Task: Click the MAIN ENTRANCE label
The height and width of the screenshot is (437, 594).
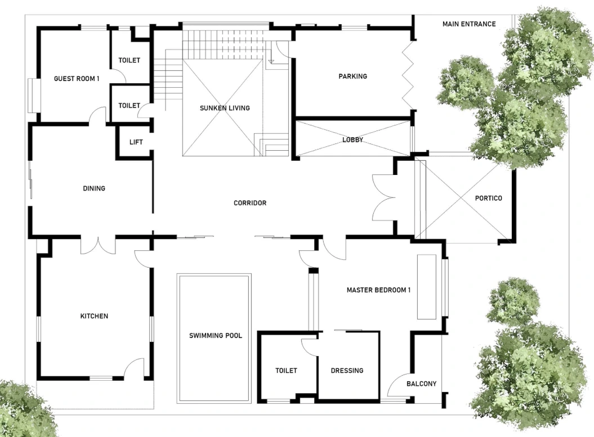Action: [469, 24]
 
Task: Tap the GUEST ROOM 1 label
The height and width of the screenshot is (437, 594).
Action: [77, 79]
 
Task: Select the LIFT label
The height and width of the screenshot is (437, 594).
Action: [136, 142]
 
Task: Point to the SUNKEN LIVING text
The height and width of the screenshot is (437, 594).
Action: [225, 108]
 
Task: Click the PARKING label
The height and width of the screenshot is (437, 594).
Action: [352, 76]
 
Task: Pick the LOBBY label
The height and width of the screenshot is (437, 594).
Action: [352, 139]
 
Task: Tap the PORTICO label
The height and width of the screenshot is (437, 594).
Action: [488, 199]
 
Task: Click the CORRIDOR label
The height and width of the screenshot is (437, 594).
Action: [250, 203]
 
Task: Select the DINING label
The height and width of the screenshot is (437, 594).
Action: [94, 188]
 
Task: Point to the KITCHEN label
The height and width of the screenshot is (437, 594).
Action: [94, 316]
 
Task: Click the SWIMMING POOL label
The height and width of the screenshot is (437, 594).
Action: [216, 336]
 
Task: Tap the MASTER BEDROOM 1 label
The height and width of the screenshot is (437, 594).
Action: [378, 290]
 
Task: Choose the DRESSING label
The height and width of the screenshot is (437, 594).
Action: [347, 371]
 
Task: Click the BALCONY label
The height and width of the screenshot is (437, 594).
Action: [421, 384]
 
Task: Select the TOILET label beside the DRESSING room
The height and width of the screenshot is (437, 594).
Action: [286, 371]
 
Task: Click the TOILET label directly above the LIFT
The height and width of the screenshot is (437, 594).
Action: [129, 106]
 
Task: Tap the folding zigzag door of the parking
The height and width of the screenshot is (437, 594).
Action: [408, 76]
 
